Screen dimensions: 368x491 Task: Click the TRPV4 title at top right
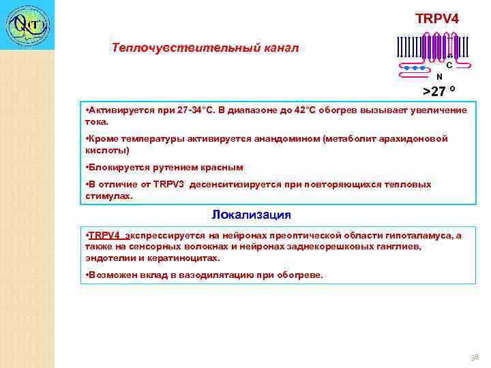point(437,18)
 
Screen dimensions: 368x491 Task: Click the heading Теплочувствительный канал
point(205,48)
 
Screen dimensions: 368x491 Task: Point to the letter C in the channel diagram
point(449,65)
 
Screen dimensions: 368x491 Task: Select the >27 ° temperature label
point(439,91)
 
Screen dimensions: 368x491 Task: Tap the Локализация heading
point(251,215)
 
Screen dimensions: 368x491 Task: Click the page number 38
point(475,356)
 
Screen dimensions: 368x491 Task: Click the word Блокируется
point(113,168)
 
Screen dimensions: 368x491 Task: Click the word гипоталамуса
point(419,236)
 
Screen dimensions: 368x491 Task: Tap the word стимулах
point(106,196)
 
